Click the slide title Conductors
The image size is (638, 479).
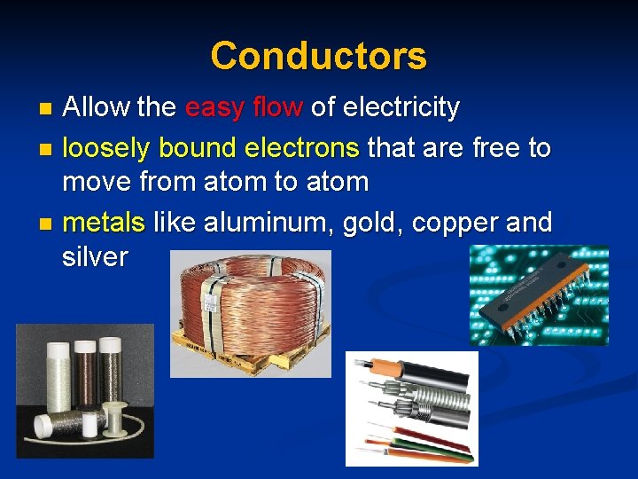click(318, 56)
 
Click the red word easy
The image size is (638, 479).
click(214, 108)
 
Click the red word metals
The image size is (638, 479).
click(104, 220)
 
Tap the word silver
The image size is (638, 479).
click(95, 257)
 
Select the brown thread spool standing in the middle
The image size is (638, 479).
click(86, 376)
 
